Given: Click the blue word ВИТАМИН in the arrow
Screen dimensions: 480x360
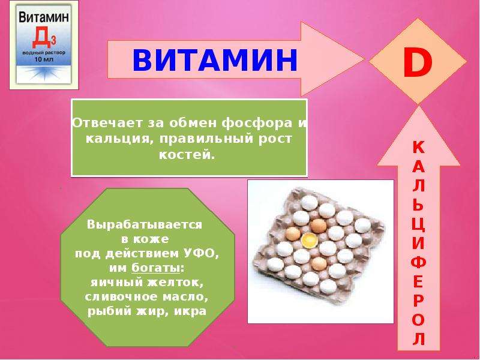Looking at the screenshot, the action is (x=215, y=59).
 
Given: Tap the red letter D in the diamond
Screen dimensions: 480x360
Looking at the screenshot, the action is (x=417, y=62).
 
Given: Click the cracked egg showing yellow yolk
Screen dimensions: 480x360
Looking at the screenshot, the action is (x=310, y=241).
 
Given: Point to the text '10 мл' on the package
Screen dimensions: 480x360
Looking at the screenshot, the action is (x=44, y=59).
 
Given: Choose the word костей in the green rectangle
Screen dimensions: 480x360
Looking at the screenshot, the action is (x=185, y=154).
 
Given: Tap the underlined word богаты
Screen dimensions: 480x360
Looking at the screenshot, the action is (x=156, y=268).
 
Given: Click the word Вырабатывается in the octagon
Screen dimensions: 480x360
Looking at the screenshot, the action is (x=145, y=224).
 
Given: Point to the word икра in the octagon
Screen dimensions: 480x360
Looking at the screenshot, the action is (x=190, y=311).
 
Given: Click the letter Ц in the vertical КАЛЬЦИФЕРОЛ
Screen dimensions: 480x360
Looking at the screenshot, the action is (x=418, y=225).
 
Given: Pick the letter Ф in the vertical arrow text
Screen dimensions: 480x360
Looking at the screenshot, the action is (x=418, y=262).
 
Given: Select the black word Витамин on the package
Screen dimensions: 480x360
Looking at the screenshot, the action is (x=44, y=17).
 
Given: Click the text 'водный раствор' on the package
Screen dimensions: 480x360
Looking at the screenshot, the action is (x=44, y=53).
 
